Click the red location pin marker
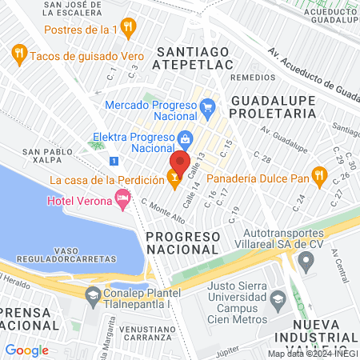click(x=179, y=163)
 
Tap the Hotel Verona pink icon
click(x=122, y=198)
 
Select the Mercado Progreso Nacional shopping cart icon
click(x=207, y=106)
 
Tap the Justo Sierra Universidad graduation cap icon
click(x=277, y=301)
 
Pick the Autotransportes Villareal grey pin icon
click(x=305, y=261)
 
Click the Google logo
click(x=27, y=350)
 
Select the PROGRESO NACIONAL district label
click(x=183, y=243)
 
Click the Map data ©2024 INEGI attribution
click(x=311, y=354)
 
